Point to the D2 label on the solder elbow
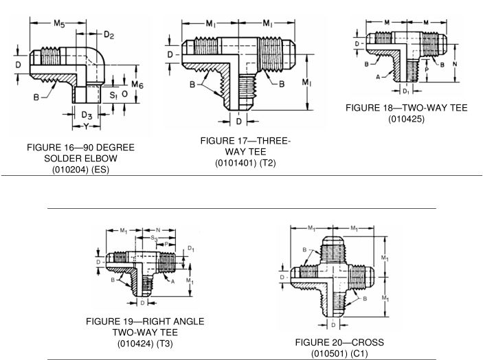tap(109, 34)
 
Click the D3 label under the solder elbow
tap(87, 114)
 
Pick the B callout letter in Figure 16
tap(34, 97)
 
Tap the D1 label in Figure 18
tap(406, 91)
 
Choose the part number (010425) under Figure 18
tap(405, 120)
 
